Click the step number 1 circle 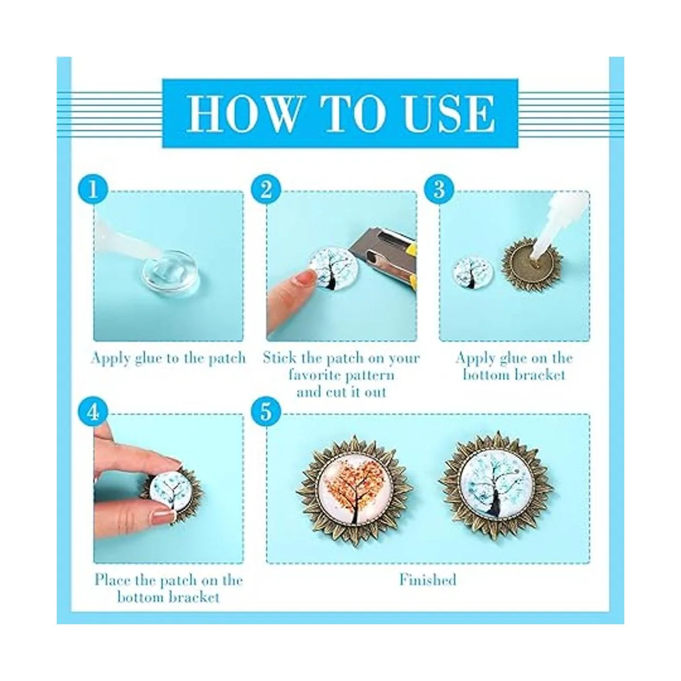93,190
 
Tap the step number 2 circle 266,190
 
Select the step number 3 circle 439,190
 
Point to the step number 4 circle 93,413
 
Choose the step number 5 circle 266,413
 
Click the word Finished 428,580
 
